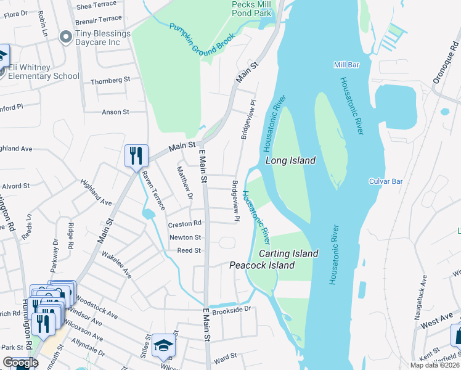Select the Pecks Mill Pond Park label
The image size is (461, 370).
coord(252,8)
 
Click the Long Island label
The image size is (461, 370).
coord(290,160)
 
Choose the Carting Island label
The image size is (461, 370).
coord(288,253)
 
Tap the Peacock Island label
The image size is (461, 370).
coord(262,265)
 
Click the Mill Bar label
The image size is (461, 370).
coord(346,65)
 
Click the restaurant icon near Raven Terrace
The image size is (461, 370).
coord(136,155)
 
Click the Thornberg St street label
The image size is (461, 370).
coord(110,80)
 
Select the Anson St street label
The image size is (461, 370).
coord(115,112)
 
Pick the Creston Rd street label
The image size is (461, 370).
coord(185,224)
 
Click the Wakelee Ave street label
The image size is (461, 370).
coord(116,263)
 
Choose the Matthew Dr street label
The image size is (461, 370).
coord(184,183)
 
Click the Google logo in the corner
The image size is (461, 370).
coord(20,363)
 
